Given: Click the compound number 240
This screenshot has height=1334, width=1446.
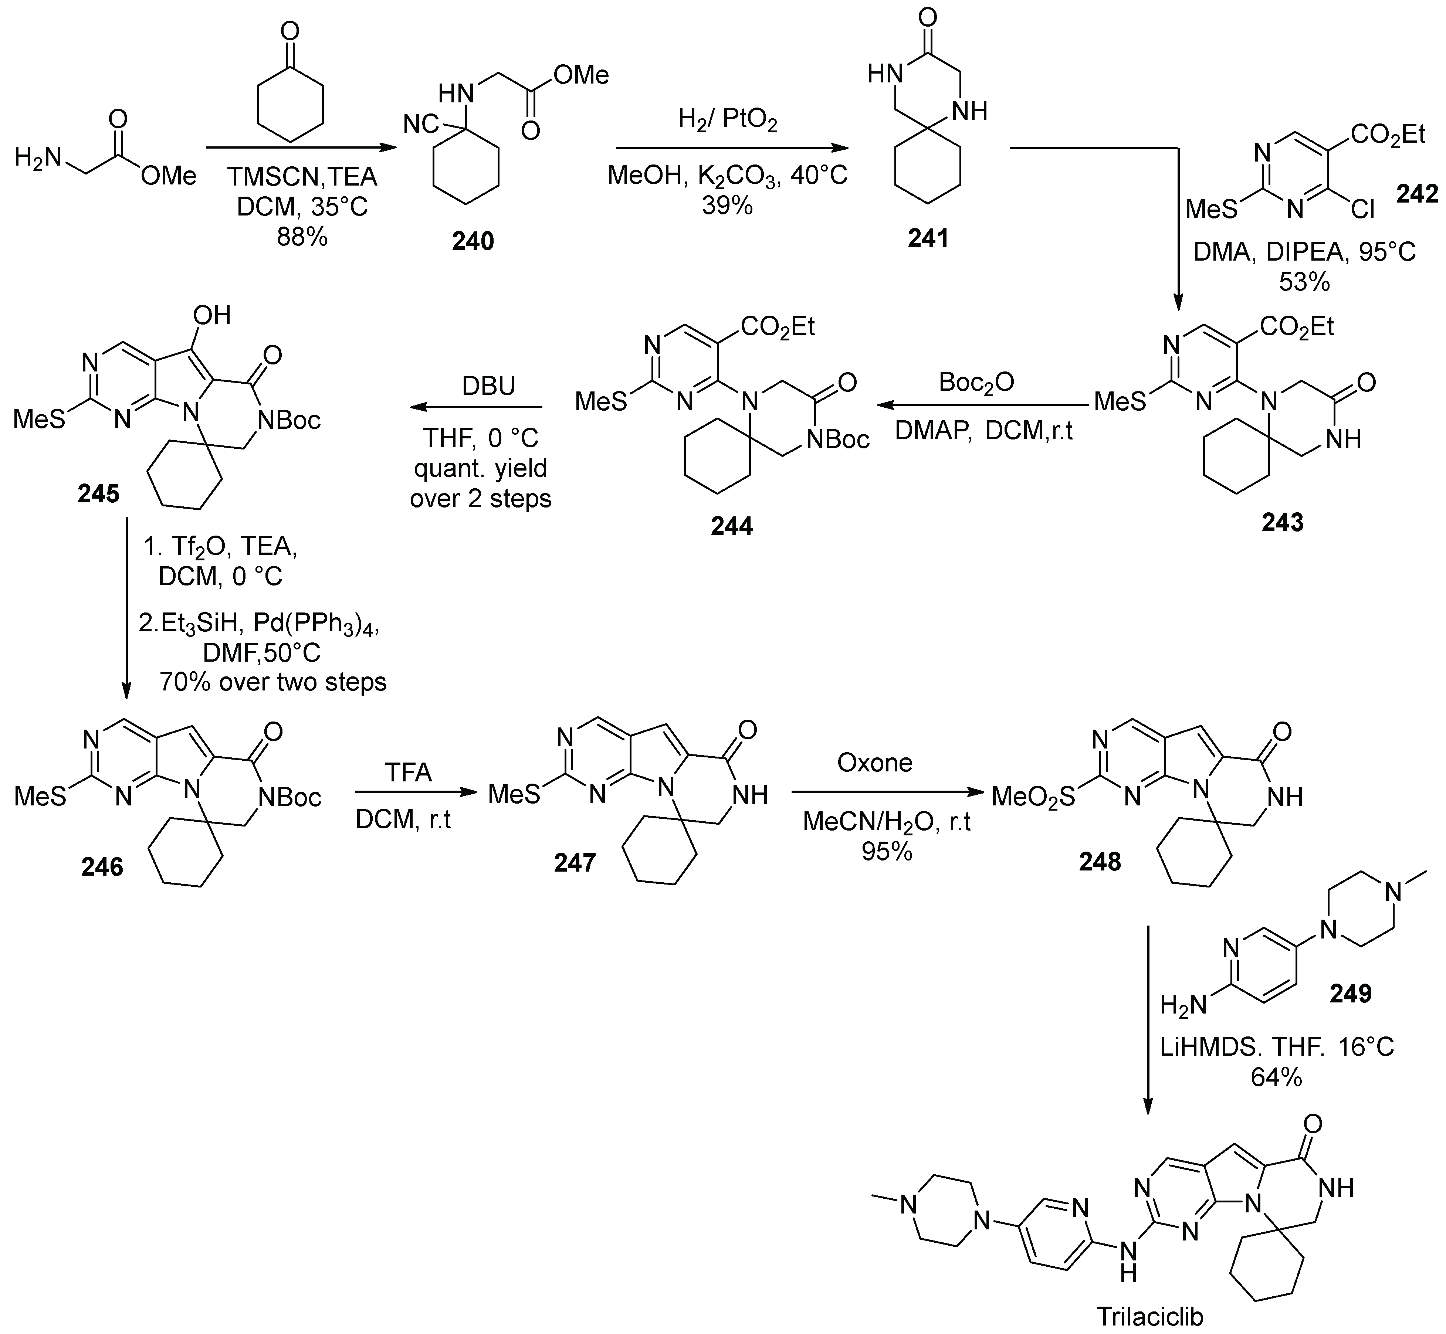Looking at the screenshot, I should click(473, 240).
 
